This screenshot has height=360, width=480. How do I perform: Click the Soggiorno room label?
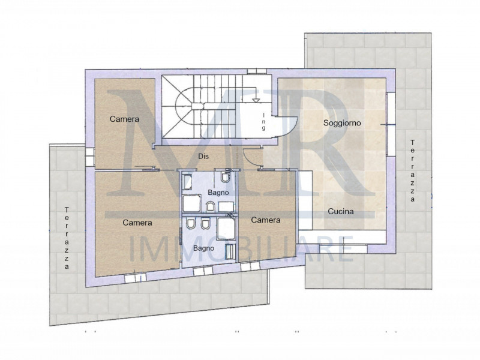point(342,123)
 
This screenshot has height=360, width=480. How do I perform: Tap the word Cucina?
point(341,211)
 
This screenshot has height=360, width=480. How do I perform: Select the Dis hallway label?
point(203,156)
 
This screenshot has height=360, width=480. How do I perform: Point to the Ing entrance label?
point(263,122)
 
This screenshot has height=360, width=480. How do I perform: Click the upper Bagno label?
point(218,193)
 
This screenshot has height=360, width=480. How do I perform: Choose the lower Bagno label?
point(203,248)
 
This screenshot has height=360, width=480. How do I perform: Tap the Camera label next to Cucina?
point(266,220)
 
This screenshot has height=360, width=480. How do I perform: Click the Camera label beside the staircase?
point(124,119)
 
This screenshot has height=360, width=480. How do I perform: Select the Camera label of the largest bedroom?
point(137,223)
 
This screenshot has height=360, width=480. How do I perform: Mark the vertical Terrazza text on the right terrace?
point(413,170)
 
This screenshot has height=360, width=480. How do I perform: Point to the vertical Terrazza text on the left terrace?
point(67,238)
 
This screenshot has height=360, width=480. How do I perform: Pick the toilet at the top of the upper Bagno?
point(226,176)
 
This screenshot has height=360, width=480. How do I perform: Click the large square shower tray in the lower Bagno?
point(226,229)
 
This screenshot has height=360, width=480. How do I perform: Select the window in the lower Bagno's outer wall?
point(203,271)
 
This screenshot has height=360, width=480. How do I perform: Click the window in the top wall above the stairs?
point(257,71)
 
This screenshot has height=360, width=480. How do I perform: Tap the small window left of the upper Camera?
point(89,157)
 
